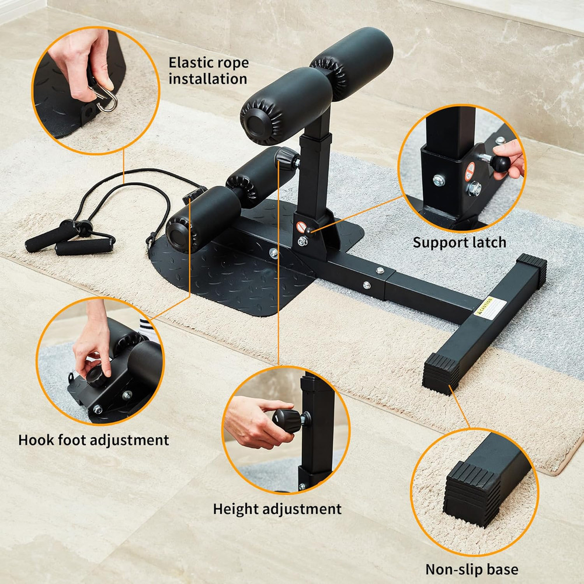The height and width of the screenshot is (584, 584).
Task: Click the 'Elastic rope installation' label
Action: point(208,70)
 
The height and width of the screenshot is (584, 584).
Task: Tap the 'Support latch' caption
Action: point(460,242)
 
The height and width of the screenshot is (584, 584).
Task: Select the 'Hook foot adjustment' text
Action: point(93,440)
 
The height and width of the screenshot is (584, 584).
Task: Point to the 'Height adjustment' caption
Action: point(277,508)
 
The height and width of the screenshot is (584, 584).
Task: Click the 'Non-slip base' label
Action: point(471,569)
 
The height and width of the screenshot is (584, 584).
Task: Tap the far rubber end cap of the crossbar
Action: point(532,266)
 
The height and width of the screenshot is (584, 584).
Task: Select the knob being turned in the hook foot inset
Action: point(97,374)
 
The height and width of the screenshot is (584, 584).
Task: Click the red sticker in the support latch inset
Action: point(470,171)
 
